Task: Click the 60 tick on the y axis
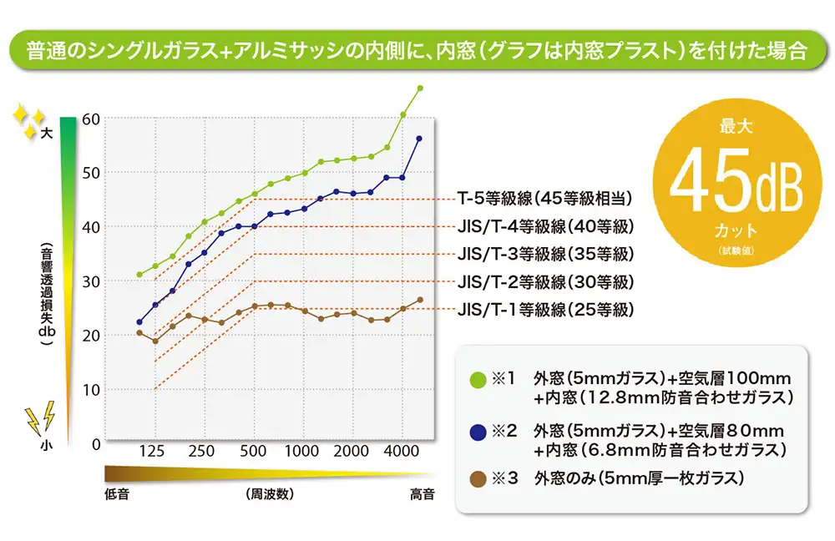click(92, 119)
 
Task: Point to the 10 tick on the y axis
click(92, 390)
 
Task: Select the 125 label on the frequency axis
click(152, 452)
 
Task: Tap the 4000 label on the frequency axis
click(402, 452)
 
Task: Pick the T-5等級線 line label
click(544, 199)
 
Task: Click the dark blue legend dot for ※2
click(478, 432)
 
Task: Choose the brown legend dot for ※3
click(478, 479)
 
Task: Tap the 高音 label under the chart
click(422, 494)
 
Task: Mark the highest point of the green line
click(420, 88)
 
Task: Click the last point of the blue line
click(418, 139)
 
